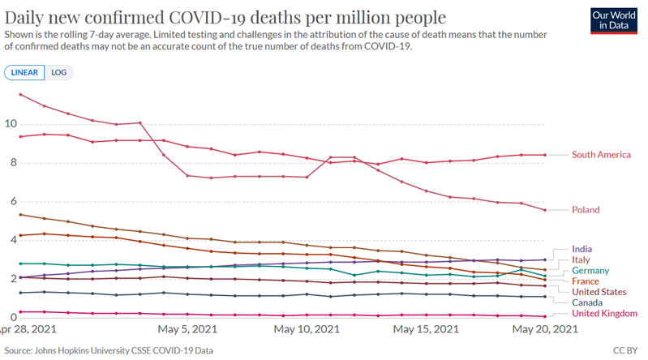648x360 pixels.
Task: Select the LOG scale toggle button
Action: [x=59, y=72]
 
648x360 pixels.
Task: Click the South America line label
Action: [x=601, y=155]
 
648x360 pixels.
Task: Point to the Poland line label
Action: [x=586, y=210]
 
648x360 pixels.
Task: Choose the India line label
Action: [x=581, y=249]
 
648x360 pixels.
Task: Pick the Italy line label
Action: [x=581, y=259]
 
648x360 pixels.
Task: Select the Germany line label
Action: [x=591, y=271]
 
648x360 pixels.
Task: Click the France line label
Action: [x=586, y=281]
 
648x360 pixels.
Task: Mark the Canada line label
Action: [x=588, y=302]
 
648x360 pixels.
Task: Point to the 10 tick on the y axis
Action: [x=10, y=124]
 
